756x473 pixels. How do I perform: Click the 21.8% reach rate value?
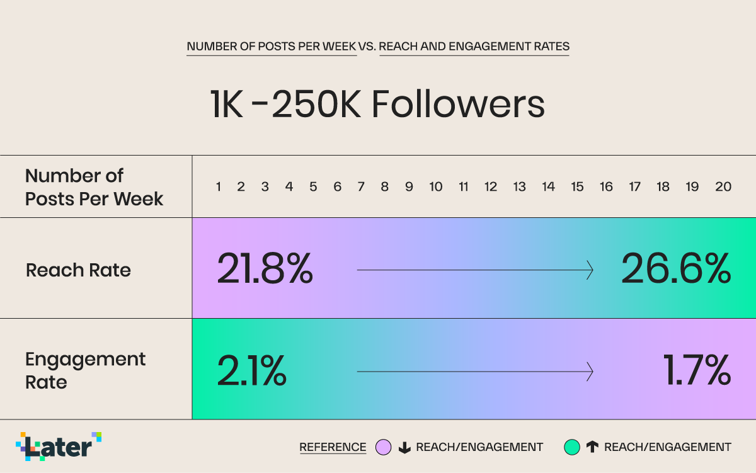(x=265, y=270)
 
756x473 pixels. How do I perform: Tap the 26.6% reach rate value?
(x=675, y=270)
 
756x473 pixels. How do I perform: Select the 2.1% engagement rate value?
(x=251, y=371)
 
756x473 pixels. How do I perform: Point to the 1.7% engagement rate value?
(x=696, y=371)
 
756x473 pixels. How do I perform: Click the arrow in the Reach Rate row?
(x=475, y=270)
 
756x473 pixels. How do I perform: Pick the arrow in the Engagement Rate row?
(x=475, y=372)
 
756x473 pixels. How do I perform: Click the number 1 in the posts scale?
(x=218, y=187)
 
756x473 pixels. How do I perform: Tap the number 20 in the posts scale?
(x=723, y=187)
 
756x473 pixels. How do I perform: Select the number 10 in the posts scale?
(x=435, y=187)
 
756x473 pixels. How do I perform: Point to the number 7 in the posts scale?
(x=361, y=187)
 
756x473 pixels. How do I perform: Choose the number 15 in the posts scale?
(x=577, y=187)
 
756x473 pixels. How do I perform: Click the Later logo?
(x=59, y=447)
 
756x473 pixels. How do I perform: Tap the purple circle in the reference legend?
(x=384, y=447)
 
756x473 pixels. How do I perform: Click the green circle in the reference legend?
(x=571, y=447)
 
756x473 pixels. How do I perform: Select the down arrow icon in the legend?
(x=404, y=448)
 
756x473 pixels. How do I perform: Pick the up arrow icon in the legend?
(x=592, y=448)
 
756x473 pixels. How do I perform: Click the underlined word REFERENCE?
(x=333, y=447)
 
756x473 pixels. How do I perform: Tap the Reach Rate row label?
(x=78, y=270)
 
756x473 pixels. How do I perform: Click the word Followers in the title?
(x=458, y=105)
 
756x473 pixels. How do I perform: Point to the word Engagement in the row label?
(x=85, y=360)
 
